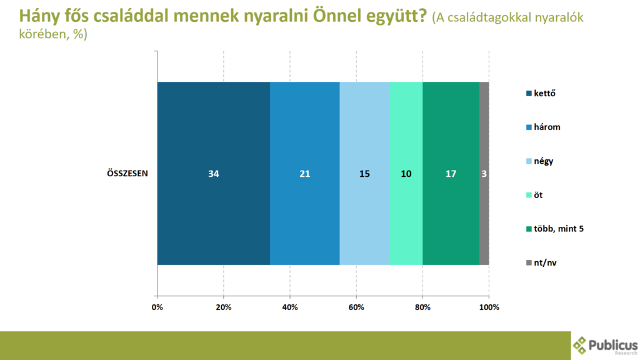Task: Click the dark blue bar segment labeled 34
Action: (x=214, y=174)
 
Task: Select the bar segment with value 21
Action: (x=305, y=174)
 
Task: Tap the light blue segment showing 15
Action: (x=364, y=174)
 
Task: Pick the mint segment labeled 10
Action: (x=406, y=174)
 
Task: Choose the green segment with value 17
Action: (x=451, y=174)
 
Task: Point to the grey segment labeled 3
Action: (x=484, y=174)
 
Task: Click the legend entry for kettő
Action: (x=541, y=94)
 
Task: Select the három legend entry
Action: (x=543, y=127)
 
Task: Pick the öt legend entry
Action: (x=534, y=195)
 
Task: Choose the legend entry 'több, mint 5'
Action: (x=555, y=229)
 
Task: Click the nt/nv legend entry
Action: (x=541, y=263)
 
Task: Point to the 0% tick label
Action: (x=157, y=307)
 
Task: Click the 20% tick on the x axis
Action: (x=224, y=307)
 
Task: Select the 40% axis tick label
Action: (x=290, y=307)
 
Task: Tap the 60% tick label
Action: (x=356, y=307)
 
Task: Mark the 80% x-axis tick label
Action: (x=422, y=307)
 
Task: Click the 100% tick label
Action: (x=489, y=307)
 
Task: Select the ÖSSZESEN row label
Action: (x=127, y=174)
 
